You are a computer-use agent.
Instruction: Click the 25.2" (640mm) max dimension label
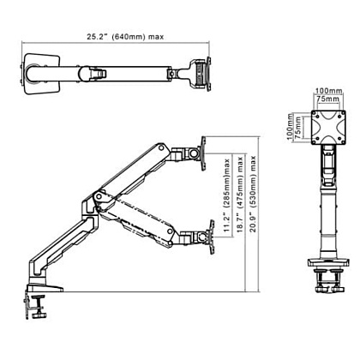[125, 37]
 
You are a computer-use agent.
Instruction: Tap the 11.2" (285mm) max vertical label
[227, 195]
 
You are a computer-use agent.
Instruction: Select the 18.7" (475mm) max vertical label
[240, 195]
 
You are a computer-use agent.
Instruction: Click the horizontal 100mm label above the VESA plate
[328, 91]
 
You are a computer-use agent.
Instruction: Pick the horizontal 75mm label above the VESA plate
[328, 99]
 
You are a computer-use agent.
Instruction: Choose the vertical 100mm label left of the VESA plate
[290, 127]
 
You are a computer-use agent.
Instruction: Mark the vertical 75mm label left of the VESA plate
[298, 128]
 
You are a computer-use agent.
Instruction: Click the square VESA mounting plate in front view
[328, 128]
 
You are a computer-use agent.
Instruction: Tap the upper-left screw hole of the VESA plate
[315, 113]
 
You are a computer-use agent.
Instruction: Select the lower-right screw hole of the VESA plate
[342, 141]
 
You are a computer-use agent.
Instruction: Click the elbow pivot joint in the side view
[99, 196]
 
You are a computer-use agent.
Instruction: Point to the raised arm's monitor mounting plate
[204, 153]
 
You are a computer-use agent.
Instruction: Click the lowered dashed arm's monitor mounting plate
[212, 237]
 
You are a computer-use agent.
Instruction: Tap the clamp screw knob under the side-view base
[39, 315]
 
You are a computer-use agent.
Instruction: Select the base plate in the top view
[42, 74]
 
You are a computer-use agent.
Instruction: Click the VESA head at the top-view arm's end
[202, 74]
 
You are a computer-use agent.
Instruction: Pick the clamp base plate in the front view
[328, 262]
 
